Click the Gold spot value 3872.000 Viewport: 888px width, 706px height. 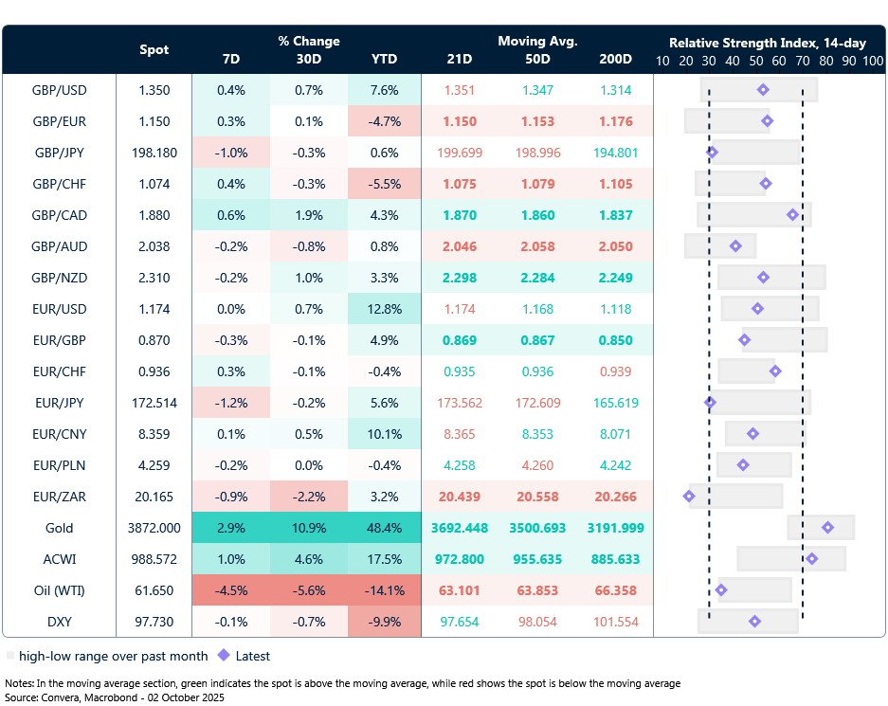click(x=154, y=528)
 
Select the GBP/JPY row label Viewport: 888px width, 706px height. click(x=59, y=153)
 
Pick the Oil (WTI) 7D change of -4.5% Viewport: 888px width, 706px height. click(x=230, y=590)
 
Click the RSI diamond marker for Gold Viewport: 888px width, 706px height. click(x=827, y=528)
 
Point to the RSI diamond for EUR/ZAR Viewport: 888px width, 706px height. click(x=689, y=497)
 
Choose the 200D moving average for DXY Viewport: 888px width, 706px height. click(x=615, y=622)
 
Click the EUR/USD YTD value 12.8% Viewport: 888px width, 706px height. click(x=384, y=309)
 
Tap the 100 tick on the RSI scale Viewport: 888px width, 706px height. click(x=872, y=60)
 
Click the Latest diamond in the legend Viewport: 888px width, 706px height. click(x=225, y=655)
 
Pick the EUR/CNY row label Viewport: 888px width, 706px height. click(x=59, y=434)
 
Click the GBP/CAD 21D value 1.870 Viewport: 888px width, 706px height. click(x=459, y=215)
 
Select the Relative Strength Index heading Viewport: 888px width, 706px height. click(x=768, y=43)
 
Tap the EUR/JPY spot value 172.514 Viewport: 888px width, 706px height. click(x=154, y=403)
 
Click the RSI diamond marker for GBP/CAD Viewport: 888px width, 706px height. click(x=792, y=215)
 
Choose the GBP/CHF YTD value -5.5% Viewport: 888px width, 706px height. click(x=384, y=184)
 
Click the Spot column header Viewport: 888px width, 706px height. click(x=154, y=49)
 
